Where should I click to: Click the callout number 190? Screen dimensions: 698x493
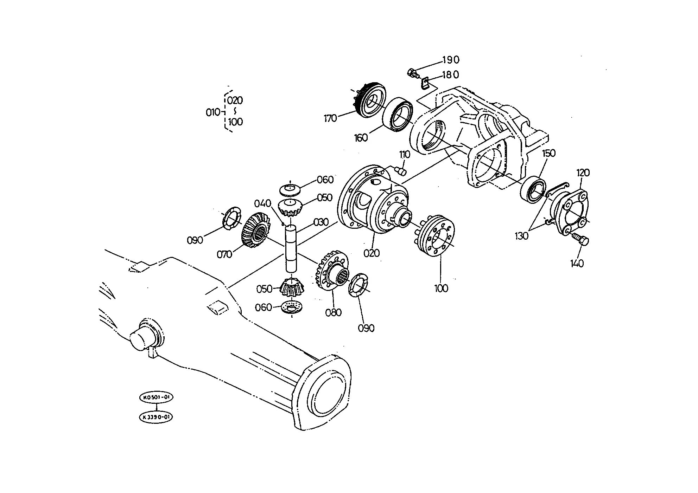(x=451, y=60)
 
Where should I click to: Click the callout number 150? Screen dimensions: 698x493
(x=548, y=153)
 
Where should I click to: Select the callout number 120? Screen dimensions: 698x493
(x=583, y=173)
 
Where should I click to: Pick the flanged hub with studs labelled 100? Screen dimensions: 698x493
(x=436, y=235)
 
